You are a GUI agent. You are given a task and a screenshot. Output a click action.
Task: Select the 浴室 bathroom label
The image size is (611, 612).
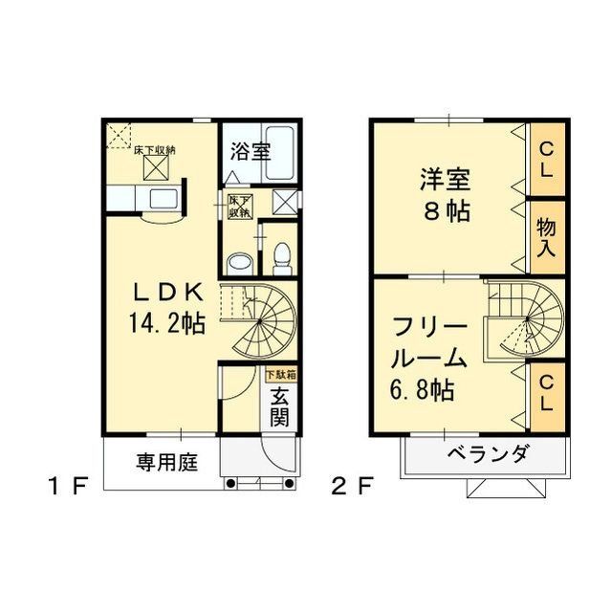pos(251,151)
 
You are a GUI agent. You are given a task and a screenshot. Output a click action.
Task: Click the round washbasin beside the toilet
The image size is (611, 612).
pos(239,261)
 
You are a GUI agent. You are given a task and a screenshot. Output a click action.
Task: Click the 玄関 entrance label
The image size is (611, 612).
pos(279,406)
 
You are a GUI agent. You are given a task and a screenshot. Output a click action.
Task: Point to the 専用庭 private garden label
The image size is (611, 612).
pos(165,464)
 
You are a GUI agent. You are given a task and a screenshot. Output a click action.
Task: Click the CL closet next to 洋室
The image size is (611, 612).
pos(546,159)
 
